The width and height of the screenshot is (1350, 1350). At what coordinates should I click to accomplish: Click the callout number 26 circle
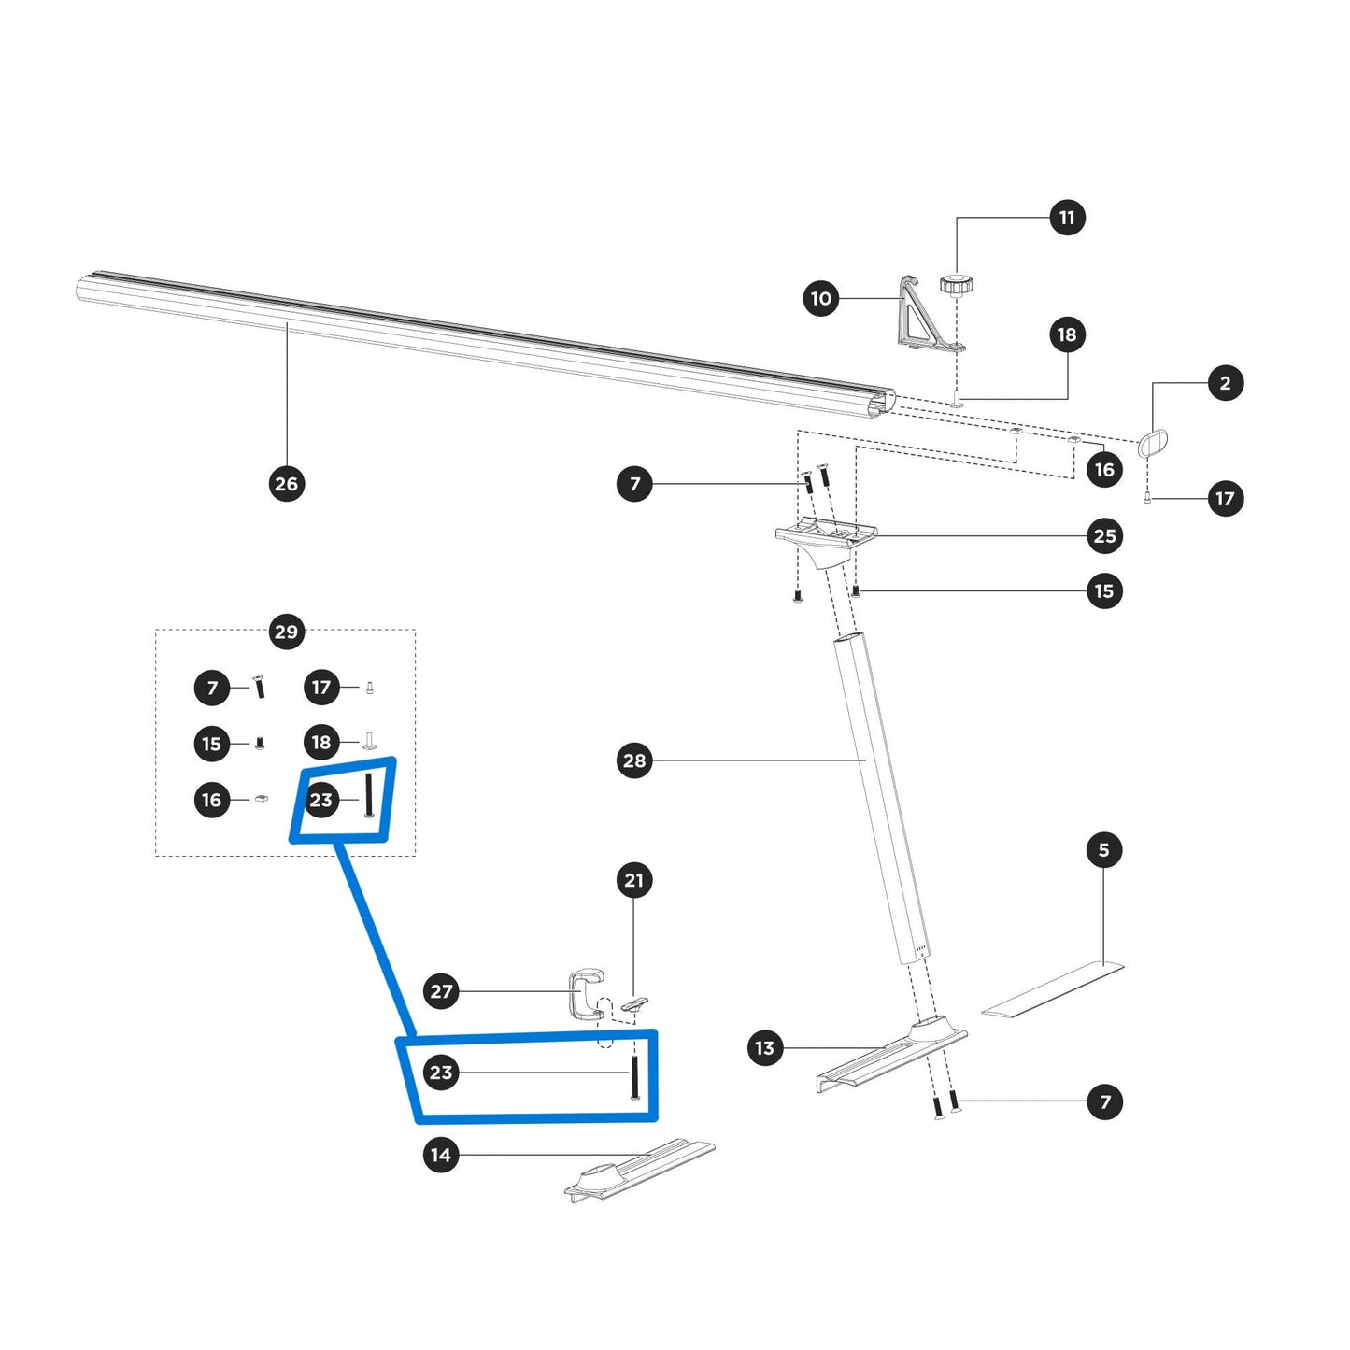tap(287, 484)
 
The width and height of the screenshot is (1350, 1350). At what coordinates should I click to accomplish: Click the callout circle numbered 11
tap(1067, 218)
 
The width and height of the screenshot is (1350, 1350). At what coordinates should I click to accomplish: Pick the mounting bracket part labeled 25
tap(826, 539)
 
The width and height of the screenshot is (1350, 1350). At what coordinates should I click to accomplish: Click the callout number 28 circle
tap(634, 760)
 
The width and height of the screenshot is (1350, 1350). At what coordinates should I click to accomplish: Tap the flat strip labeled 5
tap(1053, 989)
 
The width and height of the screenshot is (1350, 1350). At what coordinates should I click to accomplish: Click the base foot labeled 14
tap(639, 1172)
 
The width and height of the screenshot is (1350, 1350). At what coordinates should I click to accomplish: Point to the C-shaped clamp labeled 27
tap(584, 994)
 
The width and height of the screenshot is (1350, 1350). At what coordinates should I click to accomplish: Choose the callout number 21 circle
tap(634, 880)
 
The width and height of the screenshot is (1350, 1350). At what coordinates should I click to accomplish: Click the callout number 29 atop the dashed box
tap(286, 632)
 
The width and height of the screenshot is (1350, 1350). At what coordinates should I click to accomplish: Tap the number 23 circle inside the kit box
tap(320, 800)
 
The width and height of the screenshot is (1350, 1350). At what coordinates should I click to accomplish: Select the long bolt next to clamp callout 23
tap(635, 1074)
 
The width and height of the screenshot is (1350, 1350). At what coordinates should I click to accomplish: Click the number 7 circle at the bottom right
tap(1105, 1101)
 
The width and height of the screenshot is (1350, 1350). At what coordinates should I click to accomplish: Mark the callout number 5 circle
tap(1104, 850)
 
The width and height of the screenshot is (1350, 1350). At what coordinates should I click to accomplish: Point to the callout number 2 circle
tap(1226, 383)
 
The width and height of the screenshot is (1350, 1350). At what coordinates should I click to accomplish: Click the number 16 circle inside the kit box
tap(212, 800)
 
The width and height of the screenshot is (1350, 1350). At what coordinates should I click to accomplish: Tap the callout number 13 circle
tap(765, 1048)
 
